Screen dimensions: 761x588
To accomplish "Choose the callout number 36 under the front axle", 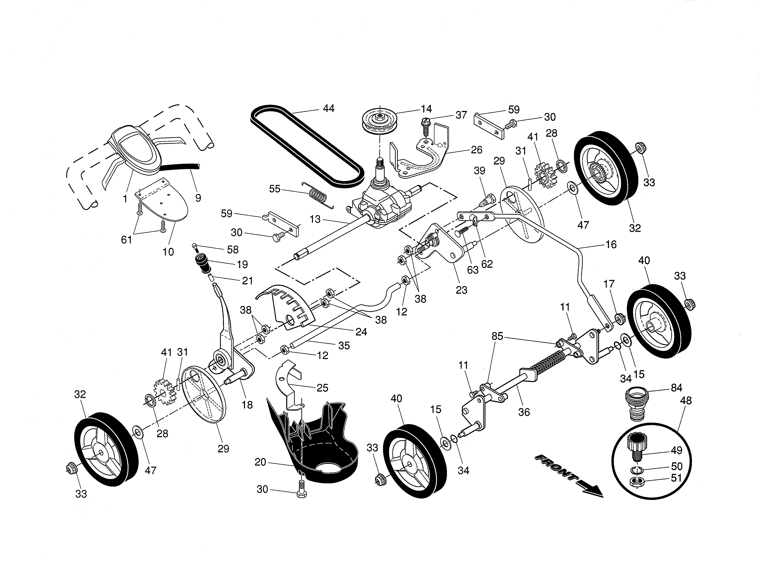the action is [524, 412].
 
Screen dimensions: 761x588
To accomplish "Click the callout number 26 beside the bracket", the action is [476, 150].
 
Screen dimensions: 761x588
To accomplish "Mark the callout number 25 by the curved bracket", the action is [322, 388].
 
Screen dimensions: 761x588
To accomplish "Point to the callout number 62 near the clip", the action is [487, 264].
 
